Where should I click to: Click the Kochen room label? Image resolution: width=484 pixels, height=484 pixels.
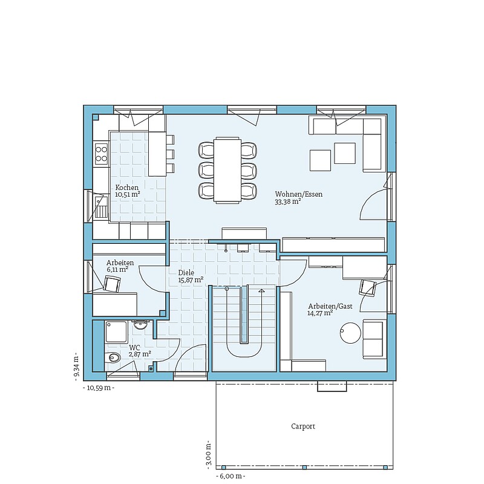click(x=127, y=188)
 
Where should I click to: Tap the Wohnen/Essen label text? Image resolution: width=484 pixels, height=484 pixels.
click(x=298, y=194)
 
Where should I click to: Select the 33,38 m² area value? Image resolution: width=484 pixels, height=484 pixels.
click(x=288, y=201)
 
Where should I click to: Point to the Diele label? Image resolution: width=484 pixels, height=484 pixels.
click(x=186, y=273)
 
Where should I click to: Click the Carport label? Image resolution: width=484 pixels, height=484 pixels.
click(x=303, y=427)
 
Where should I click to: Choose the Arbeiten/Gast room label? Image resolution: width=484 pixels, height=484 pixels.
click(x=330, y=306)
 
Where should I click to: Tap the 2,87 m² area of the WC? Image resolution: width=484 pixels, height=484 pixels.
click(x=140, y=354)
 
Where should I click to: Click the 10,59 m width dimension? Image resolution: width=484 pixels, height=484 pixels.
click(x=99, y=388)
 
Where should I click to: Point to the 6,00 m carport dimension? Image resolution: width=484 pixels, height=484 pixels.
click(x=231, y=476)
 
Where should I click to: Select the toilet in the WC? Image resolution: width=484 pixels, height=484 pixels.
click(x=113, y=358)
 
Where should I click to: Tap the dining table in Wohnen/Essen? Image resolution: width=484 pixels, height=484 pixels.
click(x=227, y=170)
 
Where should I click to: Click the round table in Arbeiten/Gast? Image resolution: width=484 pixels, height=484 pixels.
click(x=350, y=333)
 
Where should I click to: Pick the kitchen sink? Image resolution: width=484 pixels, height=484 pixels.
click(x=100, y=207)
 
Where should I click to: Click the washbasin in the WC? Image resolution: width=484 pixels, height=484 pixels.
click(x=142, y=324)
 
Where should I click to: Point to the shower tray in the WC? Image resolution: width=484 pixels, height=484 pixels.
click(x=116, y=332)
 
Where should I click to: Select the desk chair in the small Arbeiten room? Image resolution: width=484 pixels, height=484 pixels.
click(x=112, y=284)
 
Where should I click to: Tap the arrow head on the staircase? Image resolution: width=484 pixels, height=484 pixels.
click(x=262, y=290)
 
